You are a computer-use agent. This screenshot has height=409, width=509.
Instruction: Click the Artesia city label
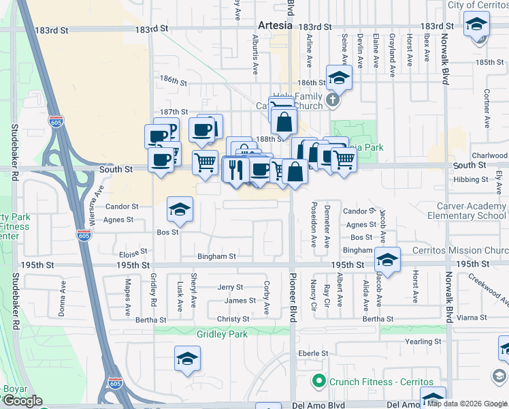click(275, 26)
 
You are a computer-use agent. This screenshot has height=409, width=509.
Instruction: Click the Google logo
click(22, 401)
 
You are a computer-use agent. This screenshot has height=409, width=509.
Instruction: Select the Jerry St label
click(230, 288)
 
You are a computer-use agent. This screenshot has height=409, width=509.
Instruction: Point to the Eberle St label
click(313, 354)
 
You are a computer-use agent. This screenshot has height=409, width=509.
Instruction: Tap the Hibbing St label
click(470, 179)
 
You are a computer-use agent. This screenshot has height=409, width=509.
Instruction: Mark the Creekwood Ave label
click(491, 290)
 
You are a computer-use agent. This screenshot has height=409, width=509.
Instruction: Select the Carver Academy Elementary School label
click(467, 211)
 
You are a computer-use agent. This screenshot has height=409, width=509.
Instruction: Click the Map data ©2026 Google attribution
click(467, 404)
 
